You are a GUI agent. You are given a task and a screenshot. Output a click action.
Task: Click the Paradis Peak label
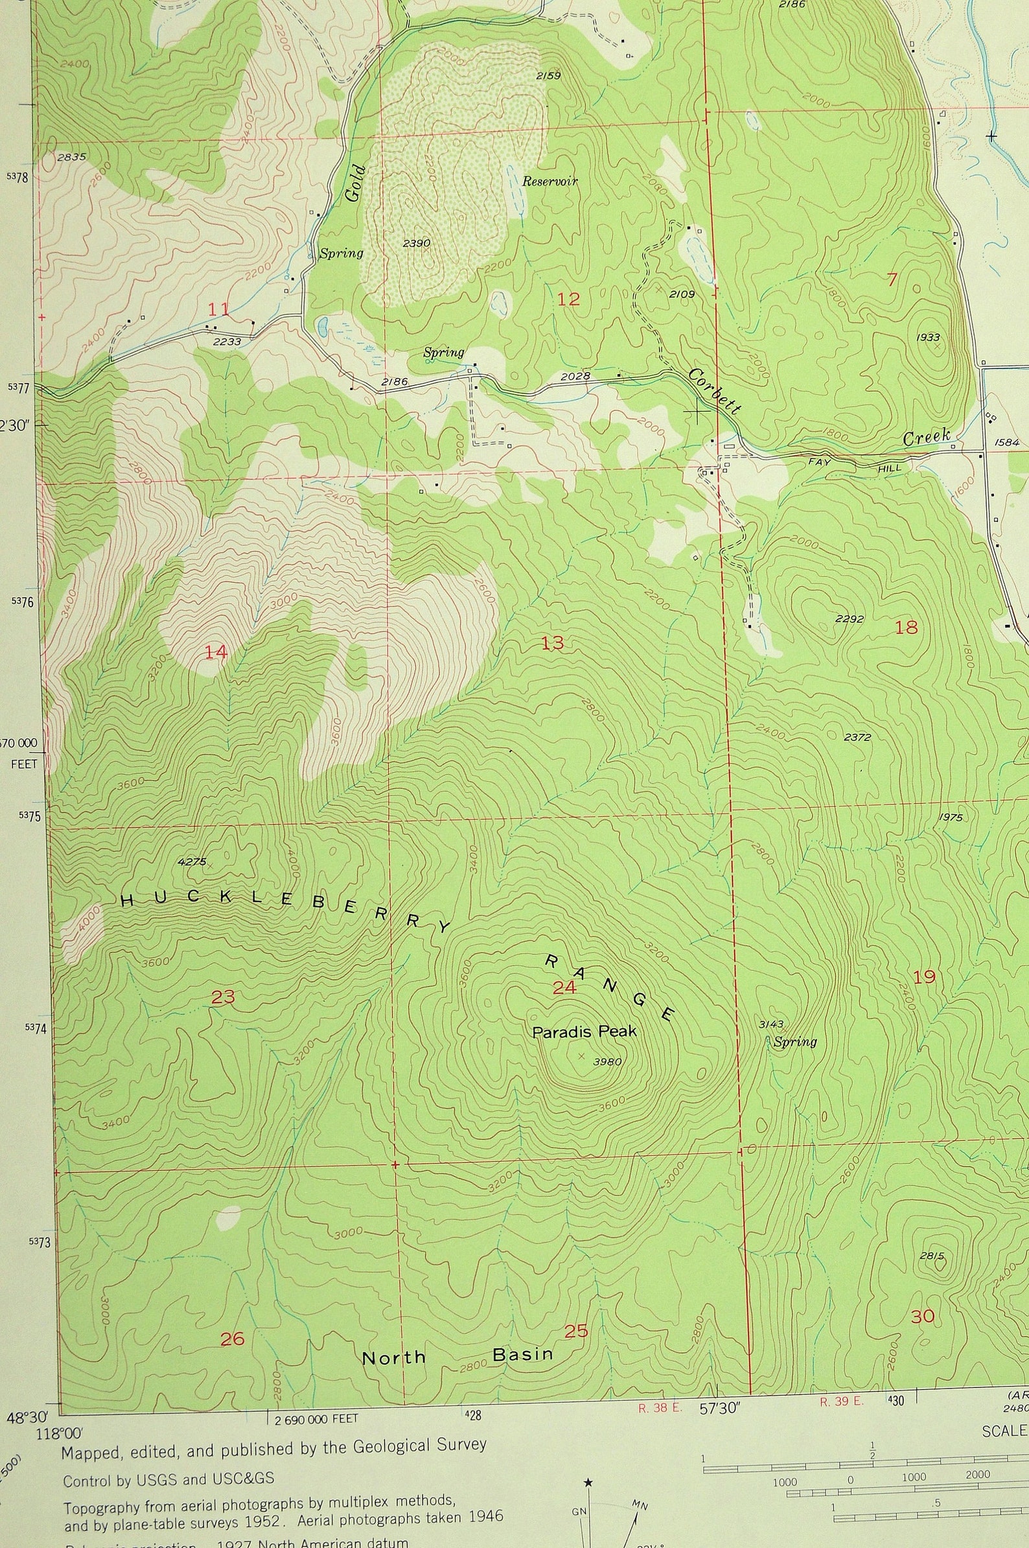(x=584, y=1031)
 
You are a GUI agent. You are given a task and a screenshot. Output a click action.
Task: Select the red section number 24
(x=564, y=987)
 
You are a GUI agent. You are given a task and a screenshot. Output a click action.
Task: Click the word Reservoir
(x=549, y=182)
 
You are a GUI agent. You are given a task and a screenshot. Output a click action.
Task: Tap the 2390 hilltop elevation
(x=416, y=243)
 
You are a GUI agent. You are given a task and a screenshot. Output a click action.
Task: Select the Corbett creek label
(x=715, y=392)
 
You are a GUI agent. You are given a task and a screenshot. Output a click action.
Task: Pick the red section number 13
(x=553, y=642)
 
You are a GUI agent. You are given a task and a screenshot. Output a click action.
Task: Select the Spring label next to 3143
(x=795, y=1042)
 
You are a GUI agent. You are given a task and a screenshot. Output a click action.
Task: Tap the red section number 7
(x=891, y=279)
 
